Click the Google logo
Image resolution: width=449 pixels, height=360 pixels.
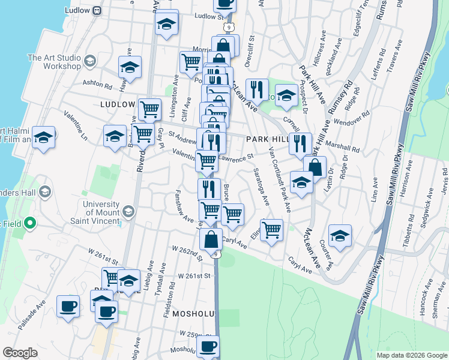click(x=20, y=353)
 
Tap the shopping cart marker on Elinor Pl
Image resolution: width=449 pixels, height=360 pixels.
click(x=272, y=230)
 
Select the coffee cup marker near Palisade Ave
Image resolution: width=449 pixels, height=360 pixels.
click(x=68, y=306)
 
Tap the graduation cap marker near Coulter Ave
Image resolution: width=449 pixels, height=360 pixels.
click(x=340, y=235)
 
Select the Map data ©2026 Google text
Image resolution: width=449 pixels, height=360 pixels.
click(x=412, y=355)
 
